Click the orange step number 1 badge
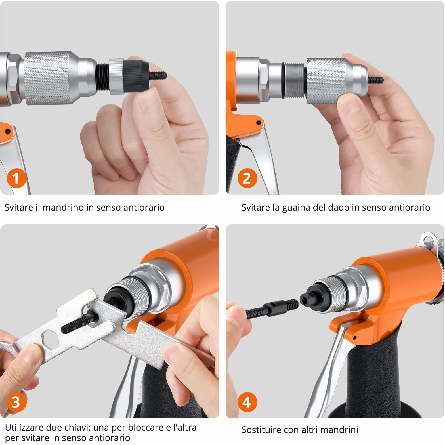(x=16, y=178)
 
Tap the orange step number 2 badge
(x=247, y=178)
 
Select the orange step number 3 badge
(x=16, y=402)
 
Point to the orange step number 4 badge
(x=247, y=402)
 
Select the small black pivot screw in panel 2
(x=259, y=123)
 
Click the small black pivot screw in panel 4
(x=355, y=337)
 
